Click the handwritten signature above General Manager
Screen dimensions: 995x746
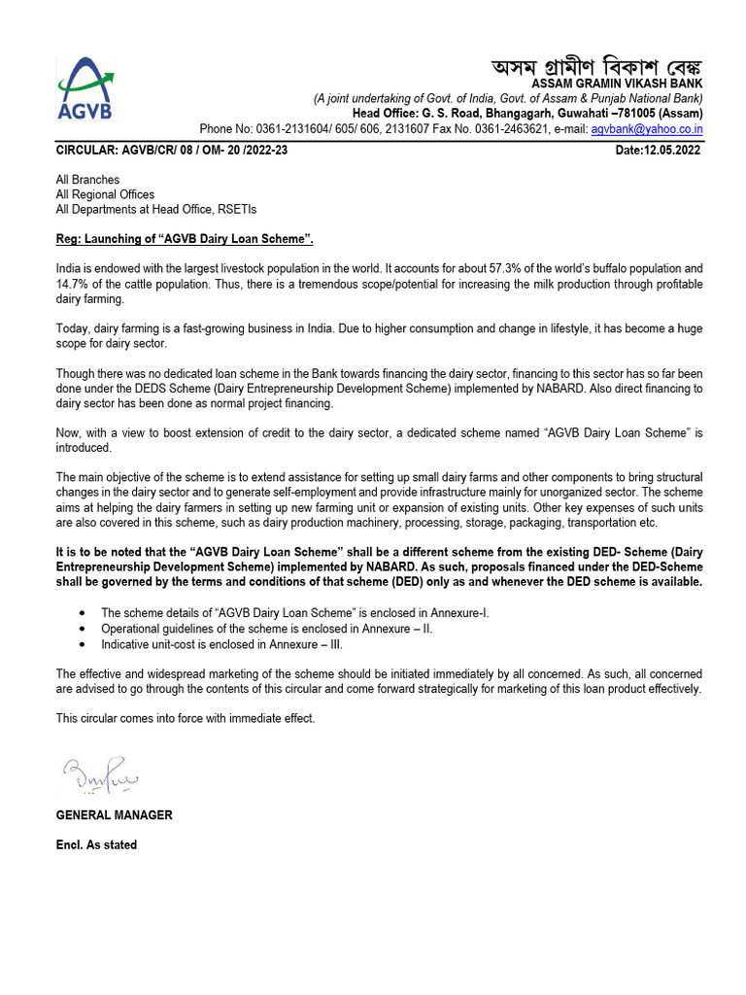pos(101,776)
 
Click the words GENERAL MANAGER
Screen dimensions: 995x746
pos(114,815)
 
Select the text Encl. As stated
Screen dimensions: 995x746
pos(96,845)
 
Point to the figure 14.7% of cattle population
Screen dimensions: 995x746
pos(73,284)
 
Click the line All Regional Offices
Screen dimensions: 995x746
pos(105,194)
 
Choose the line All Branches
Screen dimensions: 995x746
pos(87,180)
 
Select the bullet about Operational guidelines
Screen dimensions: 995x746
pos(267,629)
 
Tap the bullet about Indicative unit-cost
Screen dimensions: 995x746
pos(221,644)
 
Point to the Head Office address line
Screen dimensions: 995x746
pos(527,114)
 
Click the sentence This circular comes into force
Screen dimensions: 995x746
pos(186,718)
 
